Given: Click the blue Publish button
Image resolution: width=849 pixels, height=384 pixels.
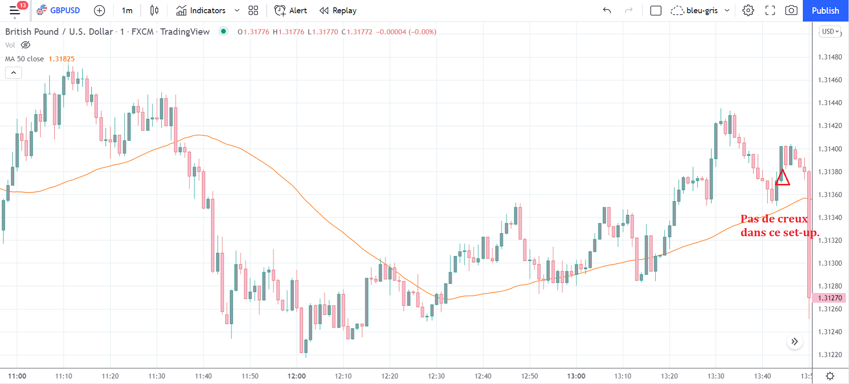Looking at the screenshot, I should pos(825,11).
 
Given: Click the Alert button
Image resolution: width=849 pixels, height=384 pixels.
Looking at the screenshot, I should pos(291,11).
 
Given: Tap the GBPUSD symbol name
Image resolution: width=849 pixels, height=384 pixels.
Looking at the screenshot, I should pos(64,11).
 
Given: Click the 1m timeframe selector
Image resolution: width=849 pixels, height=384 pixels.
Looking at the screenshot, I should pos(127,11).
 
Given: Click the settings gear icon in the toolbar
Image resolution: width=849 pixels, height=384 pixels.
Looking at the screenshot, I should pos(748,11).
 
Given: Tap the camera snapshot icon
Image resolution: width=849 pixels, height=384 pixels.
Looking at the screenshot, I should pos(791,11).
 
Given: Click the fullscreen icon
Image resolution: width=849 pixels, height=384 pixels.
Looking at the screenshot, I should pos(770,11).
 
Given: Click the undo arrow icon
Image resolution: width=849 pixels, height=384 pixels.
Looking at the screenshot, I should pos(607,11).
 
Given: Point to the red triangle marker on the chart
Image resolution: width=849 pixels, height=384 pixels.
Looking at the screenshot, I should pos(783,178).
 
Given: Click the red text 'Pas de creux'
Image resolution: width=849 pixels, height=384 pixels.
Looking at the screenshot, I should pos(774,219).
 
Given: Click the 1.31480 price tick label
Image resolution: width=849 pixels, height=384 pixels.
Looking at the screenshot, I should pos(830,57).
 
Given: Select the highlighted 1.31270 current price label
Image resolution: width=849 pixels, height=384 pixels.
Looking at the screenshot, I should pos(830,298).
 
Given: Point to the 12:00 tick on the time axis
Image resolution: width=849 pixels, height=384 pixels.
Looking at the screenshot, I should pos(297,376).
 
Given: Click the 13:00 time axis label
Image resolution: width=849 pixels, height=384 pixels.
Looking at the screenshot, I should pos(576,376).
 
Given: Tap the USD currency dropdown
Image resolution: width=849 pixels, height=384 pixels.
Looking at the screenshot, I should pos(830,31).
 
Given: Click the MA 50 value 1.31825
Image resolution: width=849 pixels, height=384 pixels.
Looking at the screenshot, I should pos(61,59).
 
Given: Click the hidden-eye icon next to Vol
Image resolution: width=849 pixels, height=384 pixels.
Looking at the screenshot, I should pos(25,45).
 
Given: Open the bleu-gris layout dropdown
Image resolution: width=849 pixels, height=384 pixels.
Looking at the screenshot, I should pos(701,11).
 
